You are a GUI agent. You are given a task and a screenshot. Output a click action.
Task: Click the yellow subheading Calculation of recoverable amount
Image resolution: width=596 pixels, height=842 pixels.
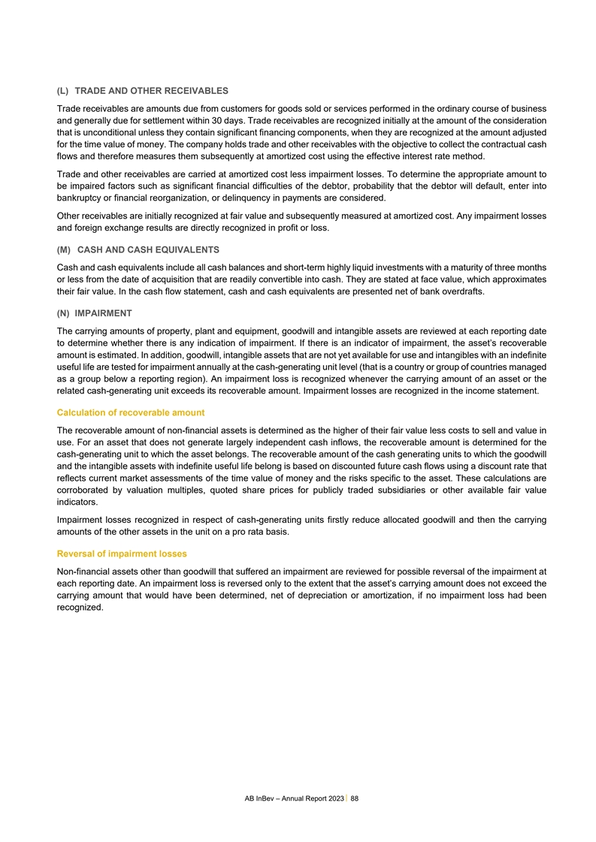point(130,413)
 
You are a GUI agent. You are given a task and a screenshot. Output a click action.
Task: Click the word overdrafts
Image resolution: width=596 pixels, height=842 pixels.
point(458,292)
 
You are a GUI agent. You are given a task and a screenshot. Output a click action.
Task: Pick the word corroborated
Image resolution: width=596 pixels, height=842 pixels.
point(86,490)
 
